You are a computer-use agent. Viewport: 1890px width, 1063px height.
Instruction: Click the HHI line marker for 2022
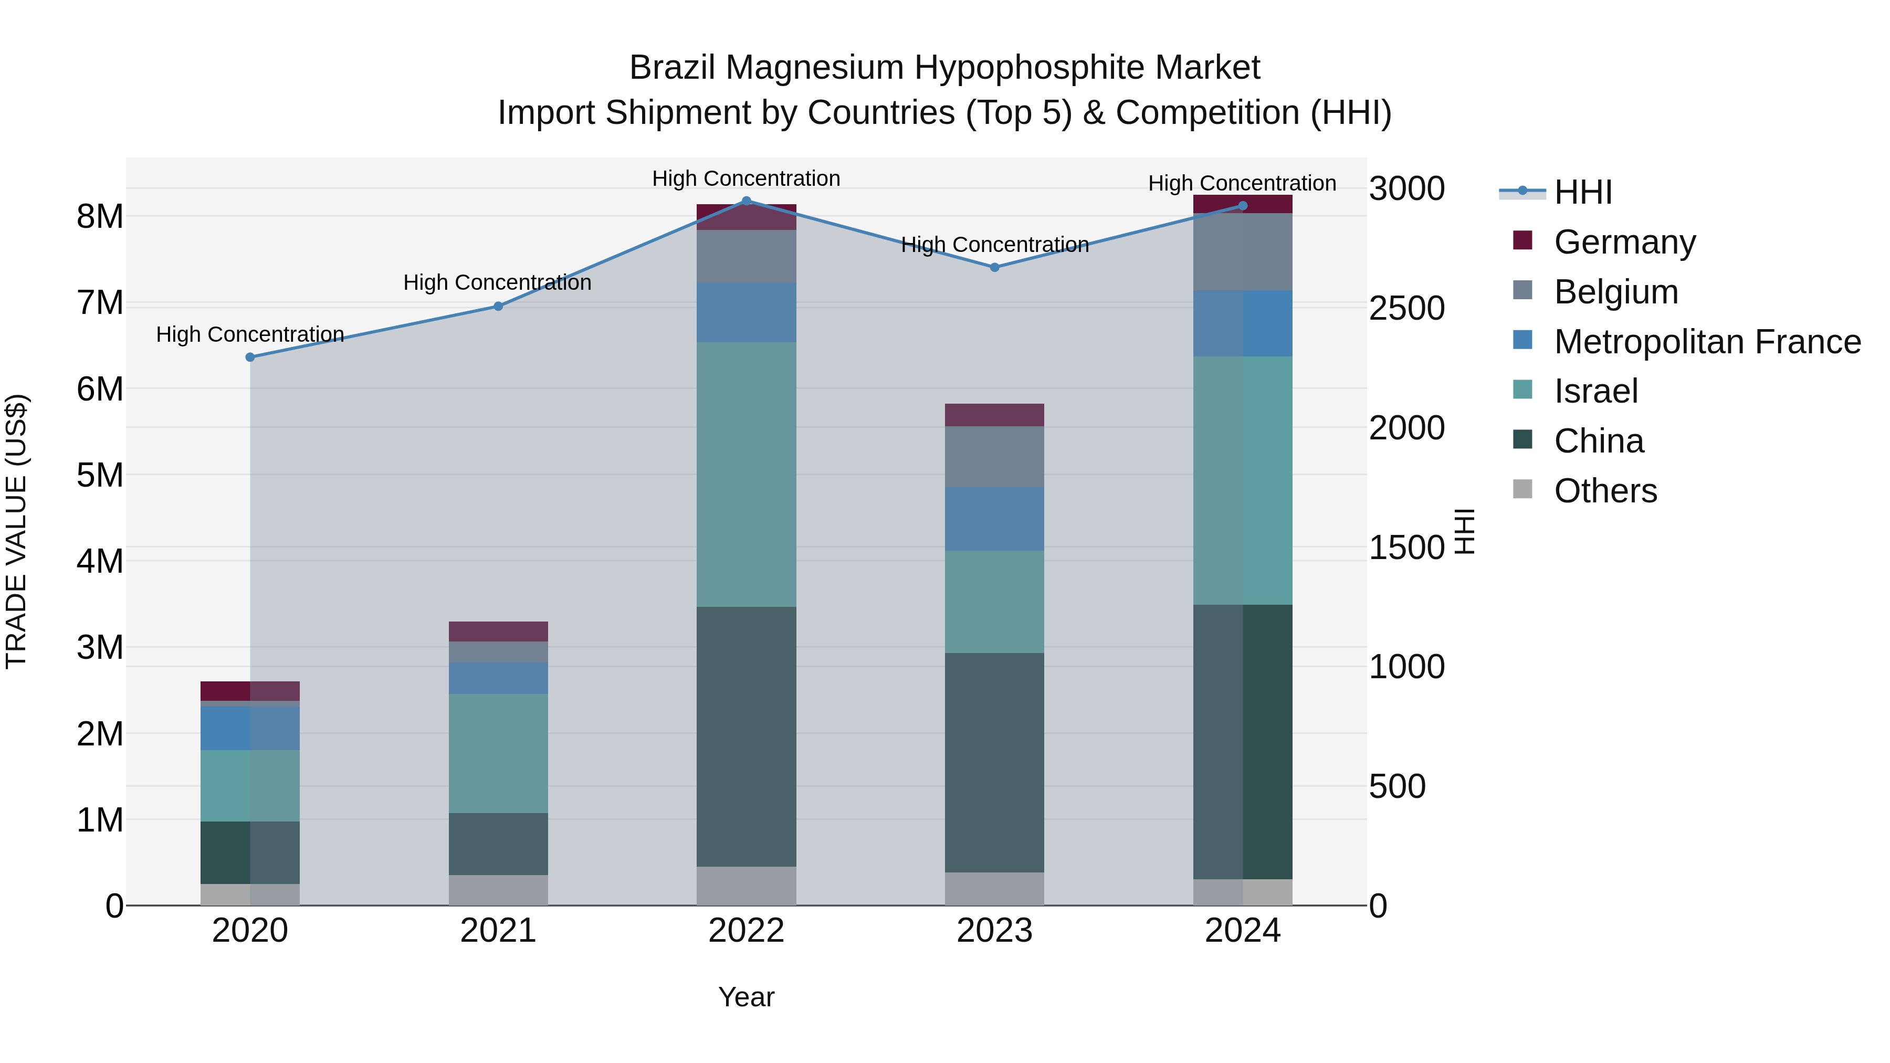pos(746,201)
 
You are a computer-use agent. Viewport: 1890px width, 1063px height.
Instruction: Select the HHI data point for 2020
pos(250,357)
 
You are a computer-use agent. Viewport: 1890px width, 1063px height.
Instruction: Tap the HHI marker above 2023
pos(994,268)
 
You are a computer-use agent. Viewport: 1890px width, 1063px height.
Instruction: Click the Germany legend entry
pos(1624,241)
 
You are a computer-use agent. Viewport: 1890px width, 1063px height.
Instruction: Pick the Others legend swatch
pos(1522,489)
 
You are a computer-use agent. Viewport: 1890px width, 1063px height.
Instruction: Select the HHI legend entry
pos(1582,192)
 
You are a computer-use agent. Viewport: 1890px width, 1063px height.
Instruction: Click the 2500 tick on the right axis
pos(1406,308)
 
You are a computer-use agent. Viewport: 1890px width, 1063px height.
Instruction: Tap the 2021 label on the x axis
pos(498,931)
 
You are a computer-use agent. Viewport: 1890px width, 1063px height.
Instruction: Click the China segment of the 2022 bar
pos(746,736)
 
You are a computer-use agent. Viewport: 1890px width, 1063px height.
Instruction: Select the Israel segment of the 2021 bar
pos(498,753)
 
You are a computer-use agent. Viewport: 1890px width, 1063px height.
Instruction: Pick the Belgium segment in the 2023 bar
pos(994,456)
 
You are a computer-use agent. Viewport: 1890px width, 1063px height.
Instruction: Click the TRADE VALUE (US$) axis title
pos(16,531)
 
